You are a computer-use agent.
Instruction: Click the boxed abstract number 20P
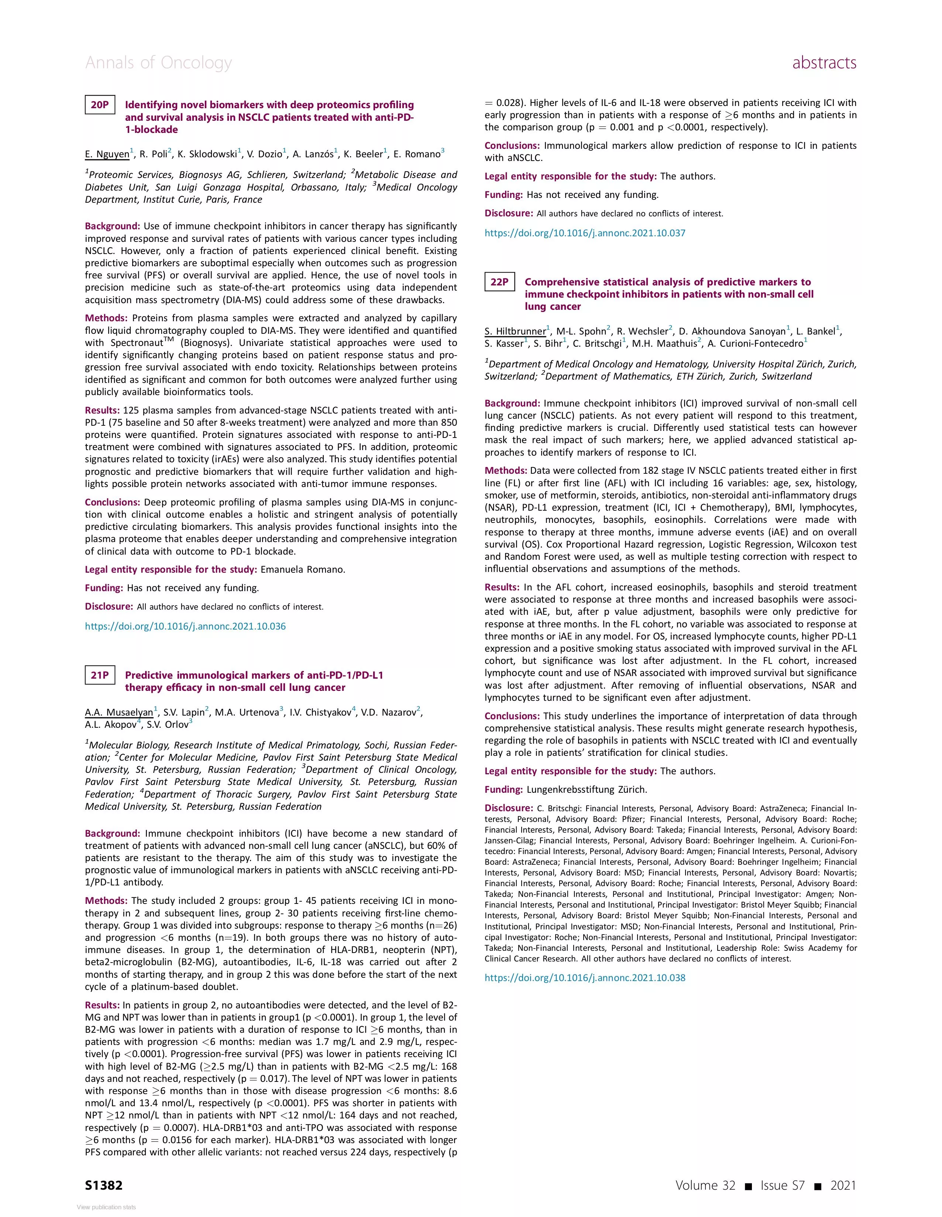[x=100, y=105]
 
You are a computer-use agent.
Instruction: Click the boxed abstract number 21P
[x=100, y=675]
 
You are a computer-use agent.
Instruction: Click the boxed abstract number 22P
[x=499, y=282]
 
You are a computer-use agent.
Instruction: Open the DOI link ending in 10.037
[x=585, y=233]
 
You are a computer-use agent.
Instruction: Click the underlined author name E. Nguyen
[x=107, y=154]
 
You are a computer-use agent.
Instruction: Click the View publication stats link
[x=106, y=1207]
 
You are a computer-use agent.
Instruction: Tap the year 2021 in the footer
[x=842, y=1185]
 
